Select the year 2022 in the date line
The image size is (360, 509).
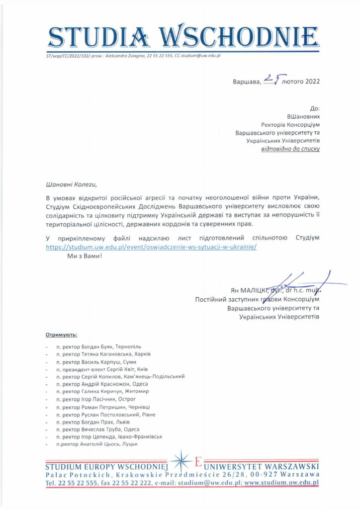[309, 81]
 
